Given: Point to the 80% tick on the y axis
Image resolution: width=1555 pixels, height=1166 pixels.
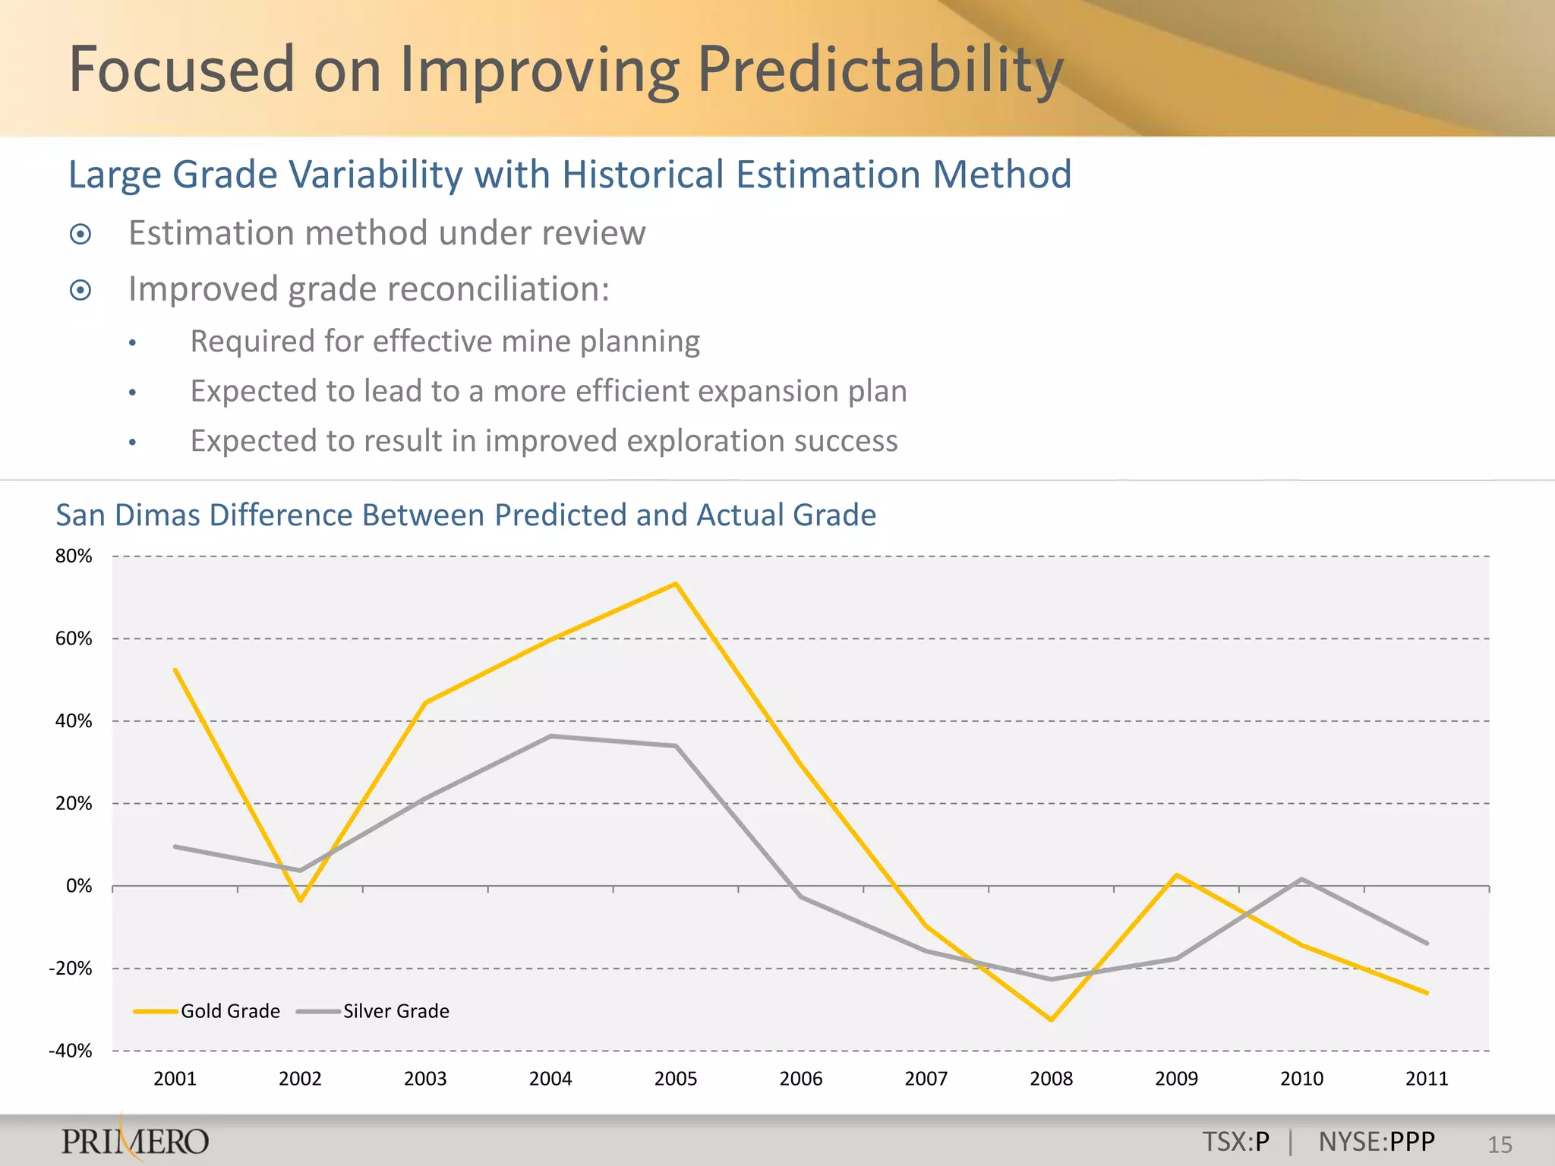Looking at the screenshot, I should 74,556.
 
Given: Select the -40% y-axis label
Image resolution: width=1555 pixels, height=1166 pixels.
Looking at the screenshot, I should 71,1051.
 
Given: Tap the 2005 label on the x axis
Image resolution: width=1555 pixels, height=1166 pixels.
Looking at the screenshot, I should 676,1079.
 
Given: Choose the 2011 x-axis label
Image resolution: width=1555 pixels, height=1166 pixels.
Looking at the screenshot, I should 1427,1079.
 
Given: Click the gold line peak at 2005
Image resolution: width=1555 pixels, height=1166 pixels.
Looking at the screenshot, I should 676,584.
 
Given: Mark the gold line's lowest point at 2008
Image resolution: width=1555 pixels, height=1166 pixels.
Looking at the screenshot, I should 1052,1019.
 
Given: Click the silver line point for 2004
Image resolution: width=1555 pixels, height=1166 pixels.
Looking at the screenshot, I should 550,736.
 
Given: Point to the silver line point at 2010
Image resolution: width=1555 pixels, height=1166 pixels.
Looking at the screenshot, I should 1302,880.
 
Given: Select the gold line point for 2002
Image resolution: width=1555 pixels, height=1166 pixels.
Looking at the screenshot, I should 301,900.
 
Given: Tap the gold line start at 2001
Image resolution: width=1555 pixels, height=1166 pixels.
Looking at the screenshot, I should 175,670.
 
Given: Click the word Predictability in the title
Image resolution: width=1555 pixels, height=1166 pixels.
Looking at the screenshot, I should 879,70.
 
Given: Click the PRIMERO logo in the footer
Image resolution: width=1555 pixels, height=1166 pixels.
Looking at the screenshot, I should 135,1141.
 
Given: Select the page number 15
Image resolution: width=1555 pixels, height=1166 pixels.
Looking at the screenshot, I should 1500,1145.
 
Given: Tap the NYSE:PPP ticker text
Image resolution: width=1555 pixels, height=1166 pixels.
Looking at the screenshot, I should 1377,1142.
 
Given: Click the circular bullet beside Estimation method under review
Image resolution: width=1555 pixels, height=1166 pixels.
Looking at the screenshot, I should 80,235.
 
